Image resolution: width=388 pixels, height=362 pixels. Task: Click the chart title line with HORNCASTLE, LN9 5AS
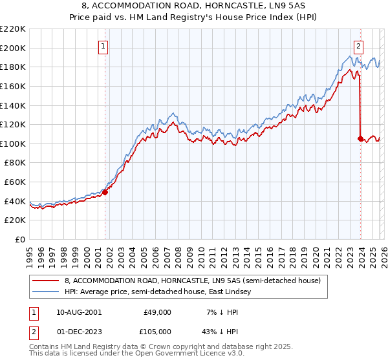[194, 5]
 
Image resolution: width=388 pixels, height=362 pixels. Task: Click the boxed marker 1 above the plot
[103, 45]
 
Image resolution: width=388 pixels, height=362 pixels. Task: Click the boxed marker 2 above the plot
[358, 45]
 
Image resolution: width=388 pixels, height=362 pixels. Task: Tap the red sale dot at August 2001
[105, 191]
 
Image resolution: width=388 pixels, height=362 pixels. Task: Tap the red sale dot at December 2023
[360, 138]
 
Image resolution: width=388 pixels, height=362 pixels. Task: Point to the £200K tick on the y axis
[13, 48]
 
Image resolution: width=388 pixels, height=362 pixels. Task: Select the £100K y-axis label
[13, 144]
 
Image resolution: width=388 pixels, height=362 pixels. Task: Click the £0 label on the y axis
[19, 240]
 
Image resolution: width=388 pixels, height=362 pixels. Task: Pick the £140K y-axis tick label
[13, 105]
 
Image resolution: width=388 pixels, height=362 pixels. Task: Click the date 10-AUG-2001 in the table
[78, 312]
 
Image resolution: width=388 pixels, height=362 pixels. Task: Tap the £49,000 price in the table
[156, 312]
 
